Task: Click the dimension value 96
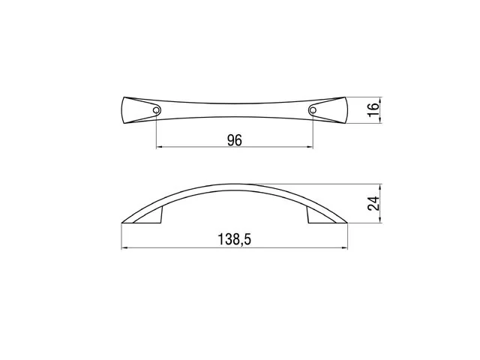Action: pyautogui.click(x=235, y=140)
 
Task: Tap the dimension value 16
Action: pyautogui.click(x=373, y=110)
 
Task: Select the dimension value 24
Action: pyautogui.click(x=373, y=203)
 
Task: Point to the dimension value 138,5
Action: pyautogui.click(x=235, y=239)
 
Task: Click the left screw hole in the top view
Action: pyautogui.click(x=156, y=110)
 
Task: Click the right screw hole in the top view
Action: pyautogui.click(x=313, y=110)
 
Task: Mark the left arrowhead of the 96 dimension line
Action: pyautogui.click(x=159, y=147)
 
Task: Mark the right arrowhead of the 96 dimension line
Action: pyautogui.click(x=310, y=147)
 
